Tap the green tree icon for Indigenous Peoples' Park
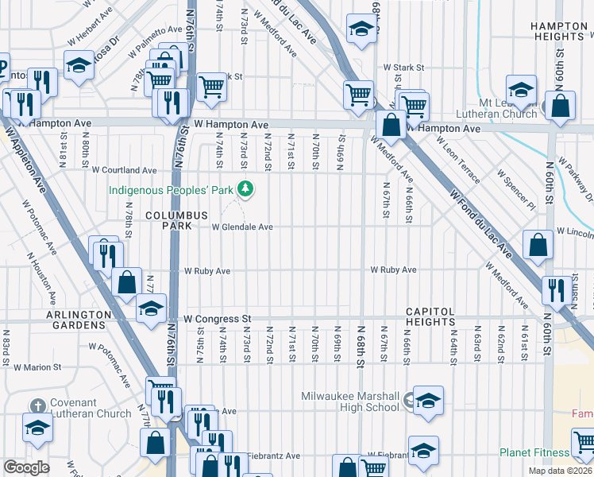[x=247, y=188]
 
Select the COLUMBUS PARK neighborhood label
[x=176, y=221]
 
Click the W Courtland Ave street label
[x=124, y=170]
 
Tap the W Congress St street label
[x=217, y=319]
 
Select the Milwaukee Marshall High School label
[x=350, y=401]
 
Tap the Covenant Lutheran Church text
[x=90, y=408]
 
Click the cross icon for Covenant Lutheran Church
[x=36, y=426]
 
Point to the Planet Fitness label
[x=533, y=452]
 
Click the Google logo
[x=26, y=467]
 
